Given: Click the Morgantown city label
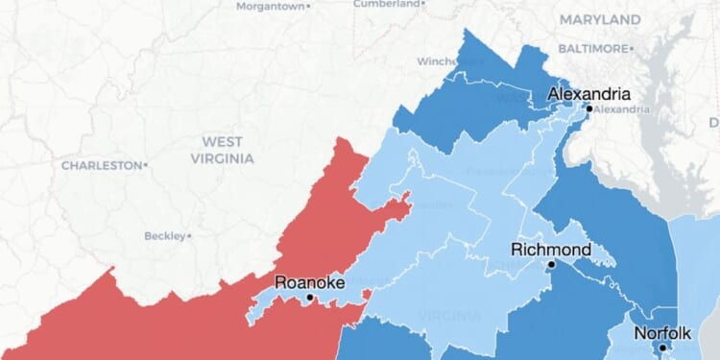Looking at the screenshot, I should (270, 6).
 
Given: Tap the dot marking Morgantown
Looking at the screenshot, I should (307, 6).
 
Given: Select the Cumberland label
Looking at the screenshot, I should (387, 4).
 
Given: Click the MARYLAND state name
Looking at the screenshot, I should (600, 19).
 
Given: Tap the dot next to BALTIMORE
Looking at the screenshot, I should (631, 48).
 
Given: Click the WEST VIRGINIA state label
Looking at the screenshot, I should (222, 150).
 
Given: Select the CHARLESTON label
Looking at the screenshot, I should (101, 165).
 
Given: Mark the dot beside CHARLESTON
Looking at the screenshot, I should (145, 165).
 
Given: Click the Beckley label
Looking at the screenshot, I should (164, 235).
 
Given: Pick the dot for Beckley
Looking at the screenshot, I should (190, 235).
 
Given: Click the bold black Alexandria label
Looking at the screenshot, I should (588, 94).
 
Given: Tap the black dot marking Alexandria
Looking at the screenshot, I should (588, 108).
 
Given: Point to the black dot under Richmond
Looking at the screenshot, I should (552, 264).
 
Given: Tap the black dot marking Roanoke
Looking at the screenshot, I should (309, 298).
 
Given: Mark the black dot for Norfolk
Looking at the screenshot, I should (661, 348).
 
